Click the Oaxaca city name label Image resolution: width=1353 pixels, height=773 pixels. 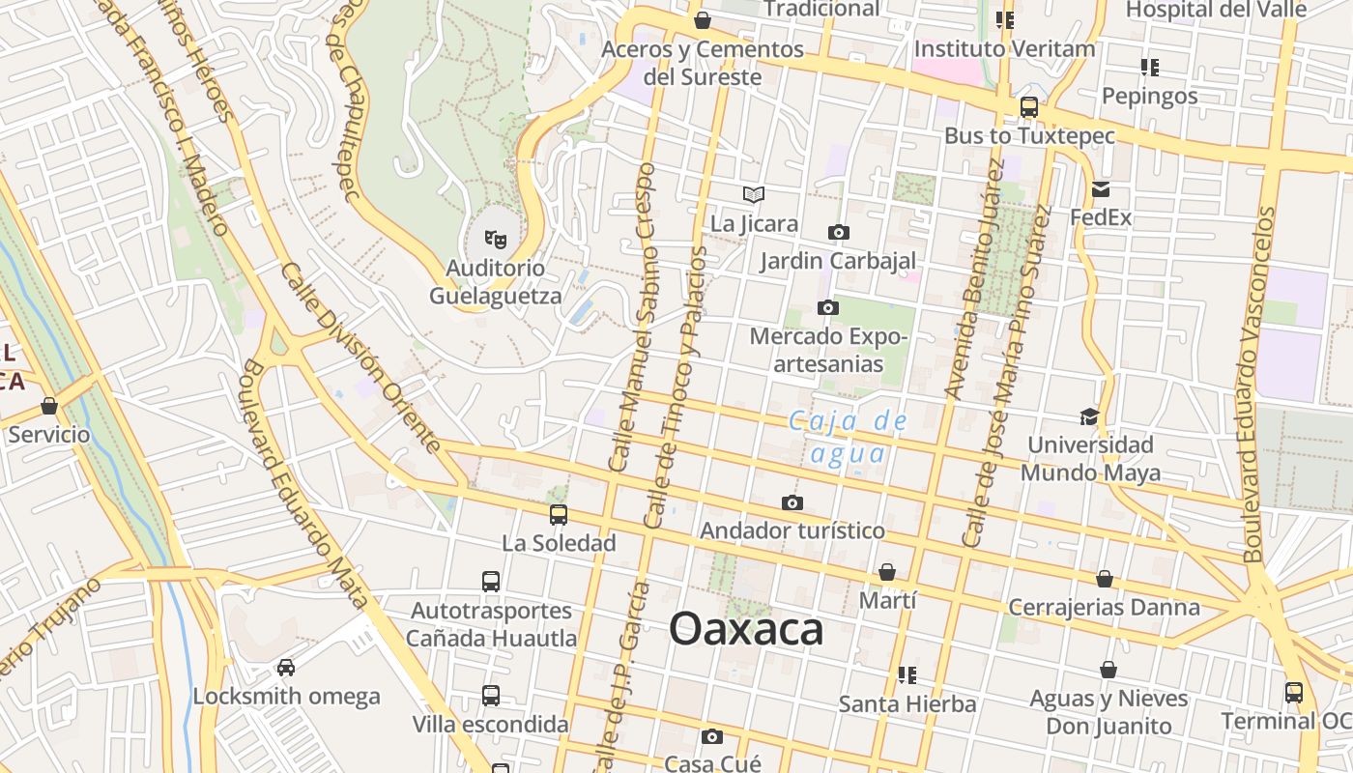(746, 630)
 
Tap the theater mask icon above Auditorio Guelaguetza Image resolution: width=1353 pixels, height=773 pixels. (496, 238)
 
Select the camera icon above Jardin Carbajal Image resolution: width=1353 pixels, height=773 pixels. (839, 232)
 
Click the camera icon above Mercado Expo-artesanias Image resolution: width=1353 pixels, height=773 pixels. (828, 307)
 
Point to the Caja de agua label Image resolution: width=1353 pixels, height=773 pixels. (848, 437)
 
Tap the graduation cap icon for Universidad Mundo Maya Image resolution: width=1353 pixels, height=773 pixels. (1089, 416)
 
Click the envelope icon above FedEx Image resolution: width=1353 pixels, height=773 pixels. (1101, 189)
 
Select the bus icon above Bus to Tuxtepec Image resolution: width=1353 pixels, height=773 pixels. (1029, 107)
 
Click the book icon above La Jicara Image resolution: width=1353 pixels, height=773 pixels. (754, 194)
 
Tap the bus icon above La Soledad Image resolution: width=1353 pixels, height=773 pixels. (559, 514)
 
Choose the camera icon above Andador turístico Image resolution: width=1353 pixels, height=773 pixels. (792, 502)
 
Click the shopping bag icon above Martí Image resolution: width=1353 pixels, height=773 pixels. (887, 572)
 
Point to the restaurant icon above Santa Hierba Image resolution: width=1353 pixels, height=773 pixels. (907, 674)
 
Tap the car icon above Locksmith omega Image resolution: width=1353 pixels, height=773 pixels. (286, 667)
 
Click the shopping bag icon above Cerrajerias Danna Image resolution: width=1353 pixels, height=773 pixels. (1105, 579)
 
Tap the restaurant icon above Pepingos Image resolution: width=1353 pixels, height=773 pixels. (1149, 68)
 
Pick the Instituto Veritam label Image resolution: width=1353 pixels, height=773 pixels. (1005, 48)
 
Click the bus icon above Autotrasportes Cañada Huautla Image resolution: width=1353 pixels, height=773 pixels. (491, 582)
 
